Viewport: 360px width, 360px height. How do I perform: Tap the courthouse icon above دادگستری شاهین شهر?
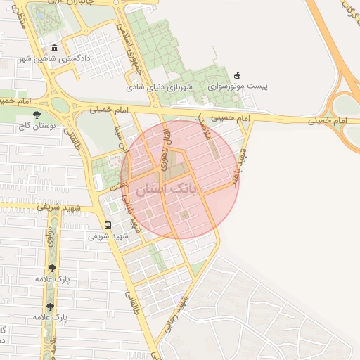pos(55,48)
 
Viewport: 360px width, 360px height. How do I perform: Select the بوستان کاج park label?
pos(37,127)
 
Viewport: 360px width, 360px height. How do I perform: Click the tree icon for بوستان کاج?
pos(37,115)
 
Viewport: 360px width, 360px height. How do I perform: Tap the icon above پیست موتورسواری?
pos(237,75)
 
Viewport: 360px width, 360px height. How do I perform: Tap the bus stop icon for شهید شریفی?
pos(108,225)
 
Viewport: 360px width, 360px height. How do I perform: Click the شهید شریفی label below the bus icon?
pos(108,236)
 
